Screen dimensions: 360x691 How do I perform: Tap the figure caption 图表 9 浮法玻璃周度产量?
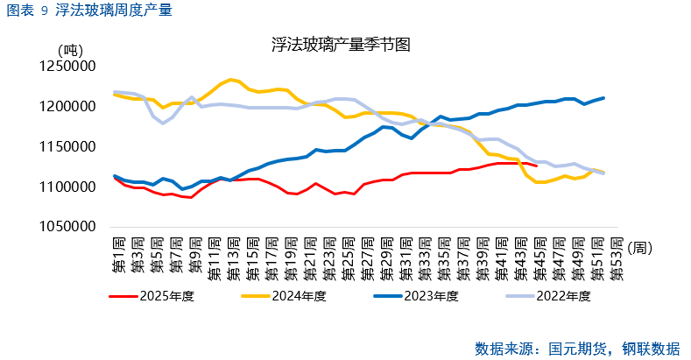[89, 11]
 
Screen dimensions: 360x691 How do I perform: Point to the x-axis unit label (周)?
[639, 248]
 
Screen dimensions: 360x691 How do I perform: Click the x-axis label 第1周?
[116, 256]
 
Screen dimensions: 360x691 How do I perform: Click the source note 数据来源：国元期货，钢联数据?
[576, 348]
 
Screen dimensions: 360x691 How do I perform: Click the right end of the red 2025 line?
[536, 166]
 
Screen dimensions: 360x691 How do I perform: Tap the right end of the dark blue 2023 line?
[603, 98]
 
